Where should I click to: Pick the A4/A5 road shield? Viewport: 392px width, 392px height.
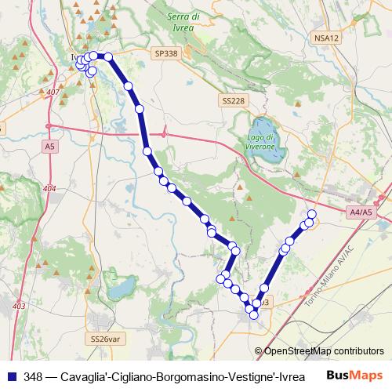362,212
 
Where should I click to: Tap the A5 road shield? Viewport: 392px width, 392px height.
50,146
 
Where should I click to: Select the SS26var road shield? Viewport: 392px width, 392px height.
106,339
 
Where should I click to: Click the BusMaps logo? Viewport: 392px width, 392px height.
356,375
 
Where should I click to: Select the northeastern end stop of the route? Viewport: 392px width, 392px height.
312,214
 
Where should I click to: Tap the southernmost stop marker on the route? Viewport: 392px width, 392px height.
253,314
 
